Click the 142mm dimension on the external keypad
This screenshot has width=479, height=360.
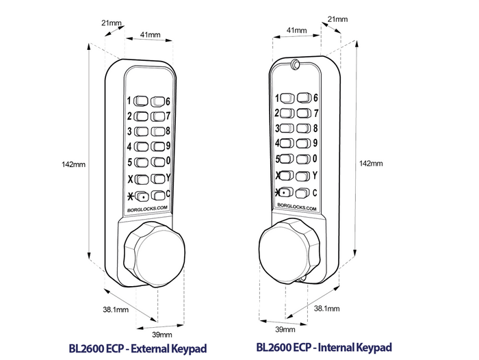(73, 164)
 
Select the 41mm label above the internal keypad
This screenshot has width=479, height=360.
(296, 30)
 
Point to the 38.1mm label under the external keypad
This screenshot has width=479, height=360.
(116, 310)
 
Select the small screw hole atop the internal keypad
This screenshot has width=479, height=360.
(294, 65)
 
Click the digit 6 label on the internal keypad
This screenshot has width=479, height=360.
(315, 97)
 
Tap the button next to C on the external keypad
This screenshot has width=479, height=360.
(157, 195)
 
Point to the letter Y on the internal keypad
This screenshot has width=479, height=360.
(315, 176)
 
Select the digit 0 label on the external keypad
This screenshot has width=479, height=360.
(168, 162)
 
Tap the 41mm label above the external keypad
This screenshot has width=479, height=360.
(150, 34)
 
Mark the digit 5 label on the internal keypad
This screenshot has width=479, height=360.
(277, 159)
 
